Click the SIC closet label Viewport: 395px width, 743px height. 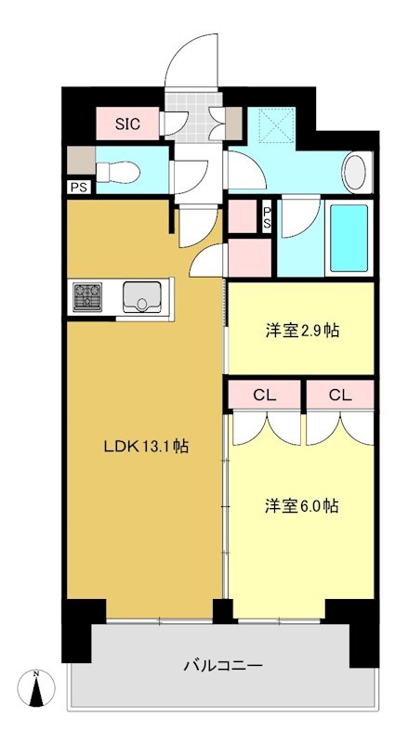(127, 123)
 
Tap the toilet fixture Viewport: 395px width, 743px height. (120, 169)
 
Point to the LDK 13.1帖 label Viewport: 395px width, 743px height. (146, 447)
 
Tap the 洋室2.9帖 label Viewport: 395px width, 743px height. (301, 330)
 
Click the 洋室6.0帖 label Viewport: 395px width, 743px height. (301, 506)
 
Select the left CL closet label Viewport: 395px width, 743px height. (265, 395)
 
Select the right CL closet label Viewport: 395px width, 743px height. (340, 395)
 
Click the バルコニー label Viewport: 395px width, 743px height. (222, 665)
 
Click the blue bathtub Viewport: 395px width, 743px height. (349, 238)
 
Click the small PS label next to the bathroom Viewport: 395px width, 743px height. (267, 219)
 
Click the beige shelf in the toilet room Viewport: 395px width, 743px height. (79, 158)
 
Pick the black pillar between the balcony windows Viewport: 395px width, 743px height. (222, 612)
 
